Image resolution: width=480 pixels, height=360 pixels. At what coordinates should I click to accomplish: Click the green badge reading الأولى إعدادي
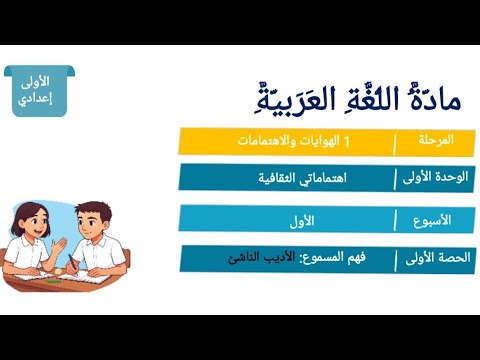35,90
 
